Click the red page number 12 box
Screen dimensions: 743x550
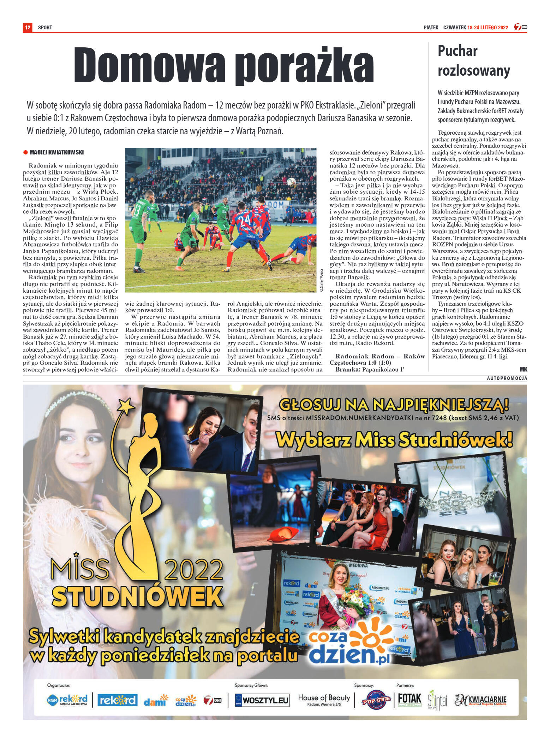click(x=28, y=27)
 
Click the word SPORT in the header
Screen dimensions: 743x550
click(x=45, y=28)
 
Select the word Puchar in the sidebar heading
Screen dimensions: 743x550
click(x=458, y=51)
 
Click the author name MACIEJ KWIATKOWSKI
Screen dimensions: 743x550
click(x=56, y=152)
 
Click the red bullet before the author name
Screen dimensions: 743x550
click(x=25, y=152)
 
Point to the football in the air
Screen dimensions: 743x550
click(x=291, y=182)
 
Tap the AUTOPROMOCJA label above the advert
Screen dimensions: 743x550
click(x=507, y=378)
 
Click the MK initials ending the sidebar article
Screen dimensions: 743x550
click(x=523, y=369)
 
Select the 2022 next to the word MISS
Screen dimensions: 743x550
click(x=193, y=570)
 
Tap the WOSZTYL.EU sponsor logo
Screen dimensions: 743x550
click(x=262, y=700)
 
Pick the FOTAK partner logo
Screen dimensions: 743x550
click(x=409, y=699)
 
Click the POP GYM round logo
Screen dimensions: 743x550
click(x=376, y=700)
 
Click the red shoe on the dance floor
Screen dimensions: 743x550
click(x=283, y=534)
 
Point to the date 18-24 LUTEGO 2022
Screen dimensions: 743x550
click(x=488, y=28)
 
